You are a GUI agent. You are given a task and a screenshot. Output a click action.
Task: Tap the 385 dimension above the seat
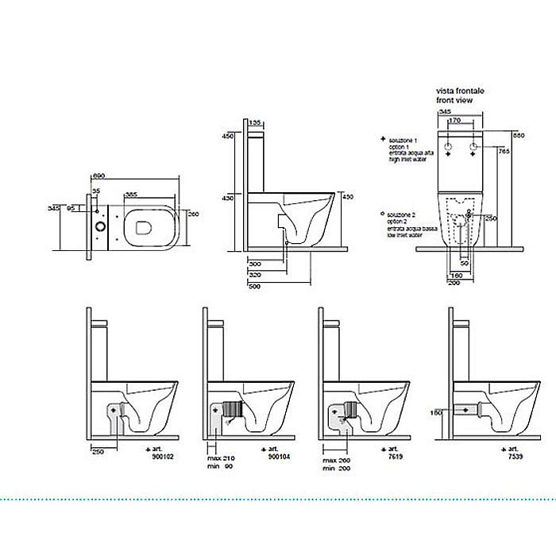point(131,194)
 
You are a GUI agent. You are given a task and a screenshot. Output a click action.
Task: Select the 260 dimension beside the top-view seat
point(192,214)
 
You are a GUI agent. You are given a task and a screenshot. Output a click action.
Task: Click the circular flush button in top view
point(100,226)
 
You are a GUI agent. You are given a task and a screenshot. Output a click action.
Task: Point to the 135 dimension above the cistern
point(256,123)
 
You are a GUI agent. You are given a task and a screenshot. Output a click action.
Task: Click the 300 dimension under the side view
point(255,263)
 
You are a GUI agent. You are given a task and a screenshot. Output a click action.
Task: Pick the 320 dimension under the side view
point(255,274)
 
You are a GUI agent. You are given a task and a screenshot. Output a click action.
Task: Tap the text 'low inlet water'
point(404,236)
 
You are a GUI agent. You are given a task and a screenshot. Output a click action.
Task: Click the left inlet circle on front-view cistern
point(447,149)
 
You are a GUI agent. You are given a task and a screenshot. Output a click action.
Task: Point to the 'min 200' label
point(337,469)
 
